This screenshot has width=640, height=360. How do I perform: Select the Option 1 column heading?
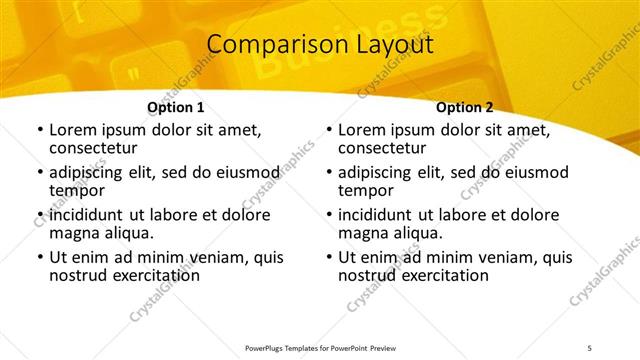point(176,107)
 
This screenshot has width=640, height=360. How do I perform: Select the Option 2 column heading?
point(465,107)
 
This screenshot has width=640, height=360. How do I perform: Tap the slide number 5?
point(591,347)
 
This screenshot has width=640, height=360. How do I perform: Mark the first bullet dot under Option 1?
point(39,131)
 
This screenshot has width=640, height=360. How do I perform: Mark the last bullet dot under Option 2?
point(328,257)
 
